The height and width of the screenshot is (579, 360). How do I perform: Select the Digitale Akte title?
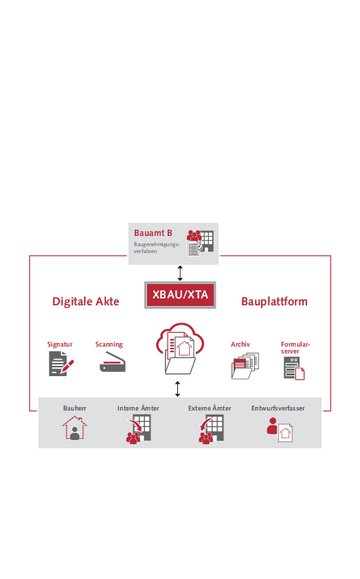pos(86,301)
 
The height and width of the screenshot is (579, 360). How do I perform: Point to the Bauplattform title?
pos(274,301)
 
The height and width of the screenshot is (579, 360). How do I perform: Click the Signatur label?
pos(60,344)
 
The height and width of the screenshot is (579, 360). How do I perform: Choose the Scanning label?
pos(109,344)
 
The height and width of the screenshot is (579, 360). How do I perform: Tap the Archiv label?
pos(240,344)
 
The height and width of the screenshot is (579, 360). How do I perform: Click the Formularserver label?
pos(295,347)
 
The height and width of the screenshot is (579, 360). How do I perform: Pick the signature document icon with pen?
pos(61,364)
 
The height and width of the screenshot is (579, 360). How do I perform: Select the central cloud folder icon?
pos(180,350)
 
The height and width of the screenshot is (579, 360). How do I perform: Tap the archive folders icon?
pos(244,367)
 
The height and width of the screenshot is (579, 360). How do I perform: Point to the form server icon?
pos(293,369)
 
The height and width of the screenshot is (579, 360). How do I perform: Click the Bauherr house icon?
pos(74,430)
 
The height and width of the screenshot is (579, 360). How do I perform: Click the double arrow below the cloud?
pos(178,388)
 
